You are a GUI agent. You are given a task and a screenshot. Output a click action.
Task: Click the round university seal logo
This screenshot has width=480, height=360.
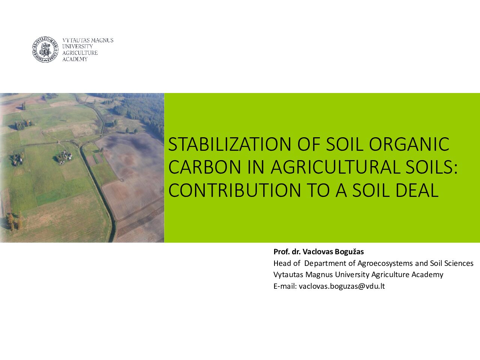click(x=45, y=49)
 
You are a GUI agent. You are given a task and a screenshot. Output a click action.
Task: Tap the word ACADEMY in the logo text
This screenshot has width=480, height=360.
click(x=75, y=59)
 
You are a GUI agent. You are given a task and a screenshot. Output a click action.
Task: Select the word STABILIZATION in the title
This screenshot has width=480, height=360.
click(x=229, y=144)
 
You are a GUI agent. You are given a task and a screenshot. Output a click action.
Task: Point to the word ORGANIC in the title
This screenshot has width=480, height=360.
click(x=409, y=144)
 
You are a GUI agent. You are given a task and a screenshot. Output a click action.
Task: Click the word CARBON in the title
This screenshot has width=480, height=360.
click(x=204, y=167)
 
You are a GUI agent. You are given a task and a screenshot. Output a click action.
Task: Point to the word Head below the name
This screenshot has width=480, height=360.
click(x=281, y=263)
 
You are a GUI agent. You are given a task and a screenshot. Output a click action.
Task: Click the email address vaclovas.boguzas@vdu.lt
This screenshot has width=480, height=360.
click(x=342, y=286)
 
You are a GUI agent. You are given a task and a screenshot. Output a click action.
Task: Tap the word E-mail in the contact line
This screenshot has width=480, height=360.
click(x=285, y=286)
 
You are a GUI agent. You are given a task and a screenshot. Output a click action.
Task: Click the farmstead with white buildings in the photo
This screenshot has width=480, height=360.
click(x=64, y=157)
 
